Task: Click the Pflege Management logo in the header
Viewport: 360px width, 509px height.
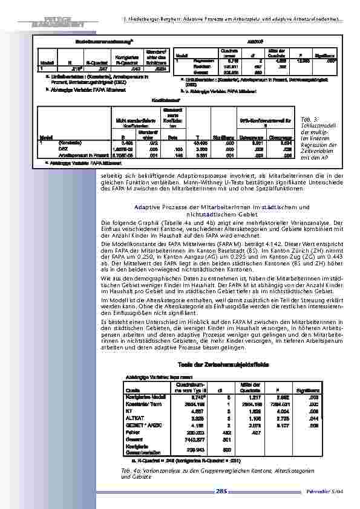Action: click(55, 12)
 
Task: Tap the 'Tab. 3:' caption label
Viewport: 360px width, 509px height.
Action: click(307, 119)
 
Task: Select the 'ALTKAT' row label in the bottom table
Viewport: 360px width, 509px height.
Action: click(134, 418)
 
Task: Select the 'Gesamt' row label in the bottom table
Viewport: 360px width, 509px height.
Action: click(133, 438)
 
